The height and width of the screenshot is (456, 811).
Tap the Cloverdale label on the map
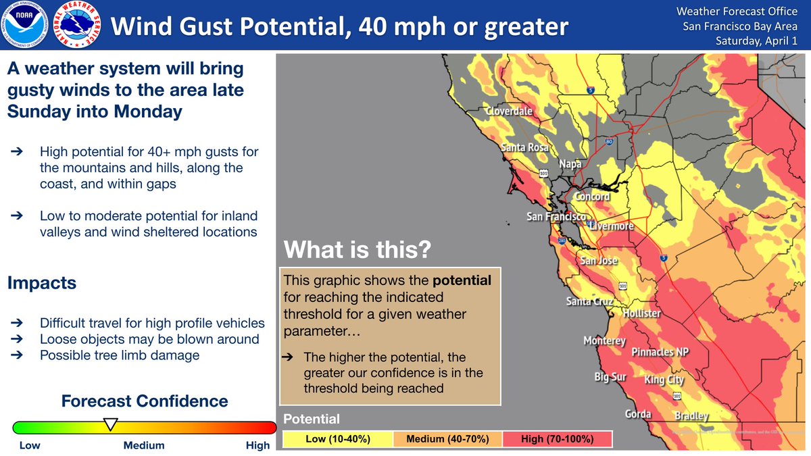[508, 111]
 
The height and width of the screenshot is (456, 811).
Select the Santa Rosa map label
[524, 147]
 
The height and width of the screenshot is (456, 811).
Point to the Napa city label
[570, 163]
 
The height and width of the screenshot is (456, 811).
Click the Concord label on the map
[591, 197]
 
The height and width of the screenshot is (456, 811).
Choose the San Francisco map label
[556, 217]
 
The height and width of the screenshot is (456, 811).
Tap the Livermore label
[612, 226]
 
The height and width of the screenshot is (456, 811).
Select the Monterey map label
[604, 341]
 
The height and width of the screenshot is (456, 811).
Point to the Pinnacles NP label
[662, 353]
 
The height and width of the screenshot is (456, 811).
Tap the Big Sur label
[610, 377]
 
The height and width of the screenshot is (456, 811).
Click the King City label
[664, 380]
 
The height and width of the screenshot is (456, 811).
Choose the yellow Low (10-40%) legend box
[337, 439]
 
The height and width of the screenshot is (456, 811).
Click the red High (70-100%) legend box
[557, 439]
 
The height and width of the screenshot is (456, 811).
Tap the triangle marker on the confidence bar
[109, 424]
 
